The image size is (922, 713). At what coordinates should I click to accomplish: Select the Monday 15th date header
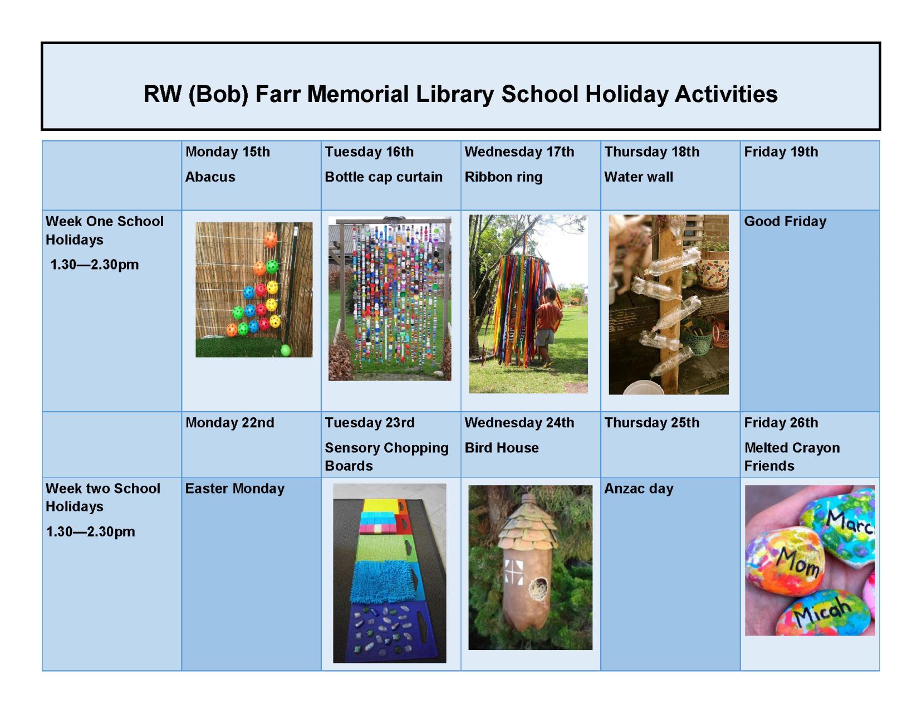(x=227, y=152)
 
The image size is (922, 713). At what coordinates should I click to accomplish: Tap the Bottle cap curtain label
(x=384, y=177)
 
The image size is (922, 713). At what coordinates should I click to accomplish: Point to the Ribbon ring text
(x=503, y=177)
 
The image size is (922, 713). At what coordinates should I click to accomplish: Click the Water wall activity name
(x=639, y=177)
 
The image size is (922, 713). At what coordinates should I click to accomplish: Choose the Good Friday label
(x=785, y=221)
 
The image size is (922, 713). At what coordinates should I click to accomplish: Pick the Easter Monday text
(x=234, y=489)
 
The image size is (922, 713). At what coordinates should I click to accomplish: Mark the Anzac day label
(x=639, y=489)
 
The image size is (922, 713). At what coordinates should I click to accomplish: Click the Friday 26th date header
(x=781, y=423)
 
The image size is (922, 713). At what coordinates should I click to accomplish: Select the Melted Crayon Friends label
(x=792, y=456)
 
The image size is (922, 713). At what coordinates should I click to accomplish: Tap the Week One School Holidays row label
(x=104, y=230)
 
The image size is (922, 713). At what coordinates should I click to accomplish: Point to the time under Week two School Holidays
(x=90, y=531)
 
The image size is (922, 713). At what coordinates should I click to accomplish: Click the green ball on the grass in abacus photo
(x=286, y=350)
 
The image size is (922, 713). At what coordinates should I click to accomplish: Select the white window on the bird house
(x=514, y=572)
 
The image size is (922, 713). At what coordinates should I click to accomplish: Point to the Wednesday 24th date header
(x=519, y=423)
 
